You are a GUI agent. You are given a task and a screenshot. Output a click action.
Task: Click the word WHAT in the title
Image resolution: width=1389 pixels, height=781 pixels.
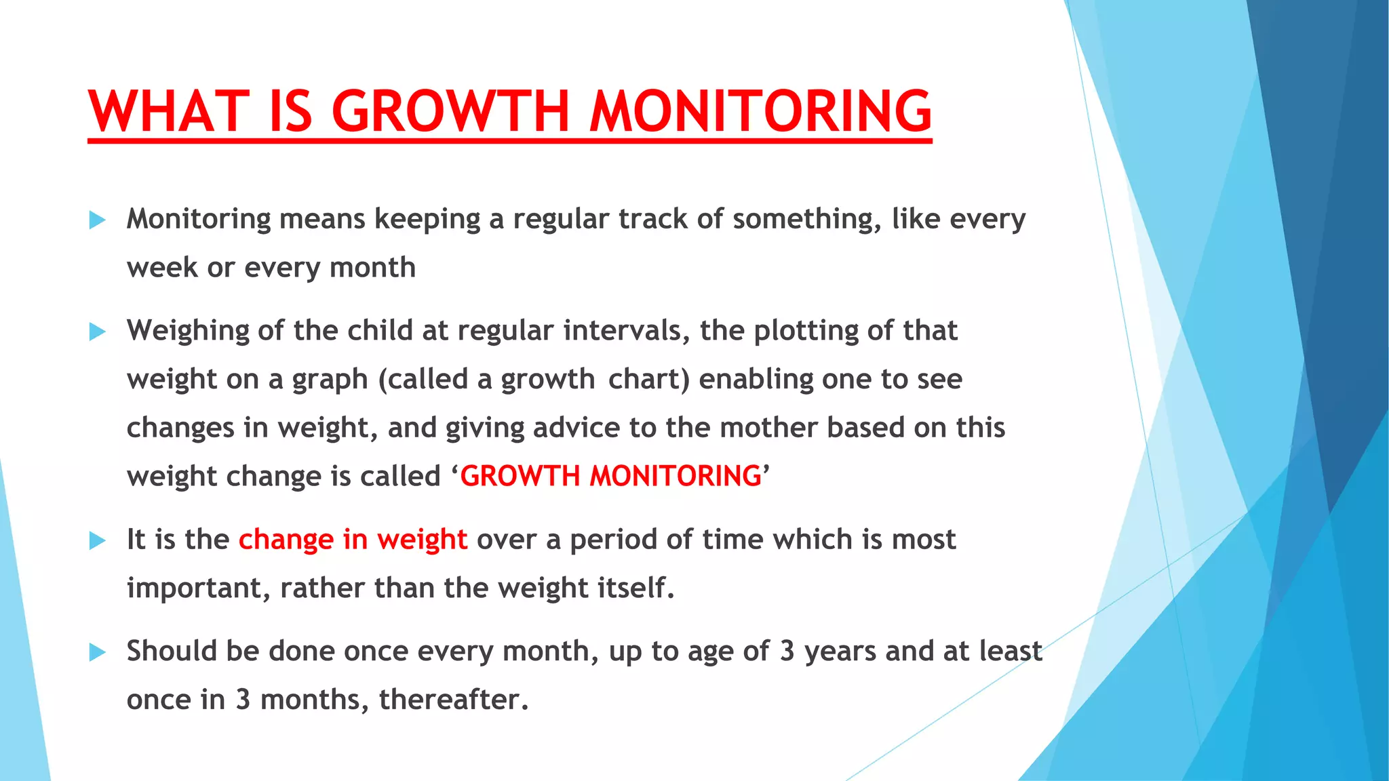[x=169, y=112]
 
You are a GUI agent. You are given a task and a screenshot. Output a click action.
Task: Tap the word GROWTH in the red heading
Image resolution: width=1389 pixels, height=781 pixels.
[x=450, y=112]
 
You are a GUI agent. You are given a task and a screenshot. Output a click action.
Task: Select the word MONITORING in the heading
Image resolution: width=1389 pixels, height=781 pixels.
[x=760, y=112]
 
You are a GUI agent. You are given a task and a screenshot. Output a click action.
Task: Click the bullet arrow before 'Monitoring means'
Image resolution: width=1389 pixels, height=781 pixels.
[x=98, y=220]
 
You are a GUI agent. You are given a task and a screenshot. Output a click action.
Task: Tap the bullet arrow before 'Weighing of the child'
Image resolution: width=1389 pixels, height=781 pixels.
[x=98, y=332]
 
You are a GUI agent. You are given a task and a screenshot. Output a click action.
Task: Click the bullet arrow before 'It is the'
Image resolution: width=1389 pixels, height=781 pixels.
[x=98, y=540]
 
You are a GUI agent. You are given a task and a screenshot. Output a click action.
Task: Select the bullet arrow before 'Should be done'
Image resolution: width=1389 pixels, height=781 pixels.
[x=98, y=652]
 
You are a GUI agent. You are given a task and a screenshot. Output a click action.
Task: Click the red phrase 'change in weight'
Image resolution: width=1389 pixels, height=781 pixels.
[x=353, y=540]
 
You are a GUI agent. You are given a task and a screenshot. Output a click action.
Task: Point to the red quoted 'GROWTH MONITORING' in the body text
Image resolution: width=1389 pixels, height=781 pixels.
[x=610, y=476]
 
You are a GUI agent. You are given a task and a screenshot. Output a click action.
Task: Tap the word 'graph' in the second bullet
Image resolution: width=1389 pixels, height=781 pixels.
[x=330, y=380]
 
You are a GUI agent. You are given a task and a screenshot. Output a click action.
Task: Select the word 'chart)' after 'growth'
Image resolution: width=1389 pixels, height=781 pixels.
[x=648, y=380]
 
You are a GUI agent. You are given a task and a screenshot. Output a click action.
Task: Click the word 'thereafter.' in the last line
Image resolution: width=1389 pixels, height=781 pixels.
[x=453, y=700]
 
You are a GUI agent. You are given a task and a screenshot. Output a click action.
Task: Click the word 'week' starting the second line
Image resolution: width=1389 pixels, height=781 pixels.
[x=161, y=268]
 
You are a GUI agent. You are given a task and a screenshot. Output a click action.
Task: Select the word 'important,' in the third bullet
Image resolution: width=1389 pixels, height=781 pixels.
[x=199, y=588]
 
